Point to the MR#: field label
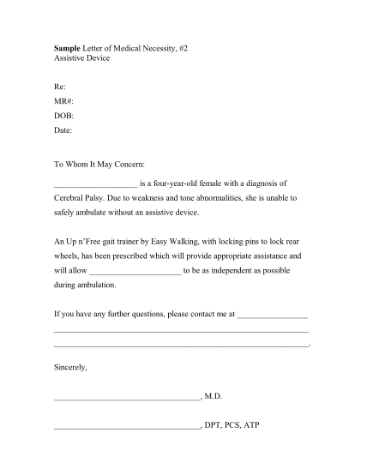pos(63,101)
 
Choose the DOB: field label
pos(63,116)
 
